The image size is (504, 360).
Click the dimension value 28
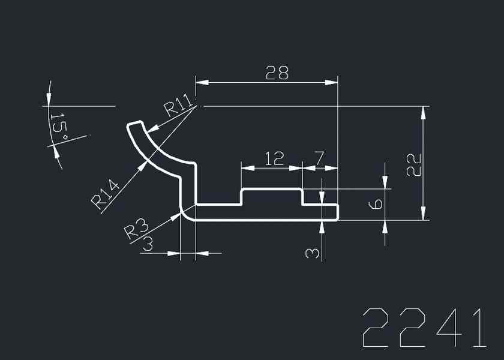point(277,73)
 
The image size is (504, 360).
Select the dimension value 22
point(413,164)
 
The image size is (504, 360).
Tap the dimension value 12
point(274,159)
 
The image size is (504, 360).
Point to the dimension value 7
point(319,159)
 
